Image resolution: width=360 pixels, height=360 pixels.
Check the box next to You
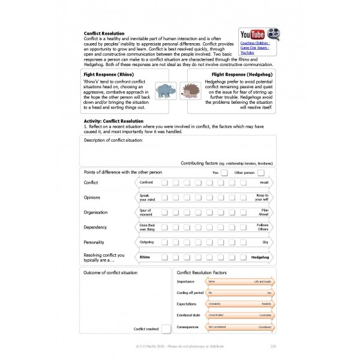click(223, 172)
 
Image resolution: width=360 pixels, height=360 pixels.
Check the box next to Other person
click(260, 172)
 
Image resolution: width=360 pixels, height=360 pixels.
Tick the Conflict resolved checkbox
click(166, 328)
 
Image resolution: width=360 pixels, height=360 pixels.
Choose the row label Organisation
click(97, 212)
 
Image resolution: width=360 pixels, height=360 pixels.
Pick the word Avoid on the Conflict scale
click(264, 182)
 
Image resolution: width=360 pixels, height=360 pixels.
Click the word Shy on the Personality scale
click(265, 242)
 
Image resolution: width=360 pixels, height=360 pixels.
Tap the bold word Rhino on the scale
click(145, 257)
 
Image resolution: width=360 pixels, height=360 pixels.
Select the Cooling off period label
click(190, 292)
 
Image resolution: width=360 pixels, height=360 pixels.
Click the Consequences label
click(189, 326)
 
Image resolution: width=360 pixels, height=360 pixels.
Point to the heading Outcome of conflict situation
click(110, 272)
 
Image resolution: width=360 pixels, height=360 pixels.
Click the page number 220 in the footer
click(273, 346)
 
